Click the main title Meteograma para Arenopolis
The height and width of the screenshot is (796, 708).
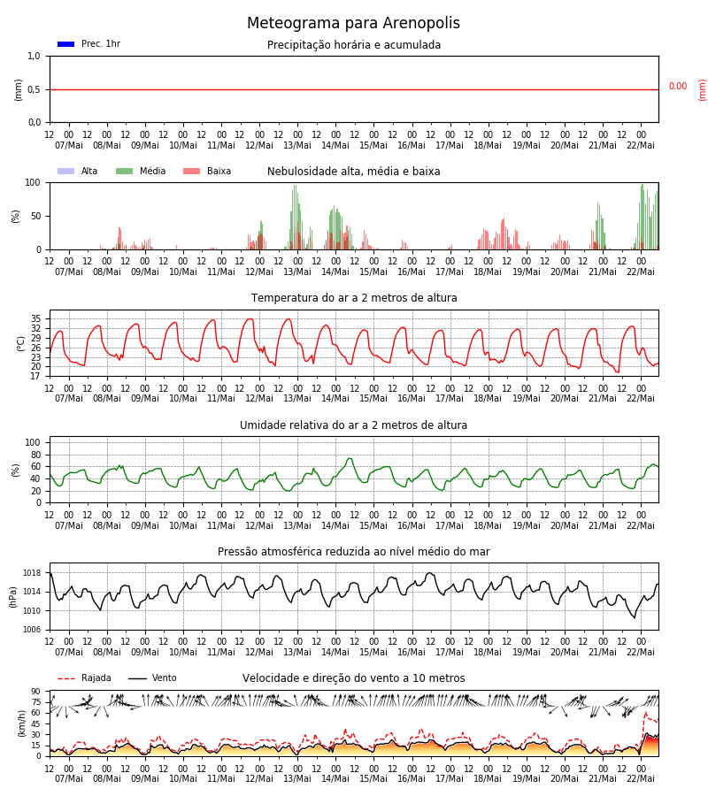(353, 23)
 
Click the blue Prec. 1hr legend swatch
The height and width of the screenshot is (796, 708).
(66, 44)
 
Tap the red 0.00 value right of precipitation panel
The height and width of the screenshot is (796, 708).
(678, 87)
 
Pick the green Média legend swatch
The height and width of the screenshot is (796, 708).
(125, 171)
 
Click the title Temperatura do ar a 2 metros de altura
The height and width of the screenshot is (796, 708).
(354, 298)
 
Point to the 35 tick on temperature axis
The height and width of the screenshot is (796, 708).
(36, 318)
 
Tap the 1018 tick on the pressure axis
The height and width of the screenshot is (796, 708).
(32, 573)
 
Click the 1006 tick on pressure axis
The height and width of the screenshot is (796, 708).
(32, 630)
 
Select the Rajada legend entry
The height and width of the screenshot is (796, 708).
(84, 678)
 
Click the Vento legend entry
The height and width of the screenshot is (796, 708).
(152, 678)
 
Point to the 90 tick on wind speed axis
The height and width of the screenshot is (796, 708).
(36, 692)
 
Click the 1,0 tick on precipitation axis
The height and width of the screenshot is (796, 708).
(34, 57)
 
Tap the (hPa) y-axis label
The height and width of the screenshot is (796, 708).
(13, 597)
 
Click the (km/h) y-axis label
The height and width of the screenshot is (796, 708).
(22, 723)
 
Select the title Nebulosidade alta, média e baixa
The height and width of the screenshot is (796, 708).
(353, 172)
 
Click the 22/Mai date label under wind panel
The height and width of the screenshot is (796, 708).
(641, 778)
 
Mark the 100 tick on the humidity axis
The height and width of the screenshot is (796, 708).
(33, 443)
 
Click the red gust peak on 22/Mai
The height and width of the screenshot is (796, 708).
(645, 713)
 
